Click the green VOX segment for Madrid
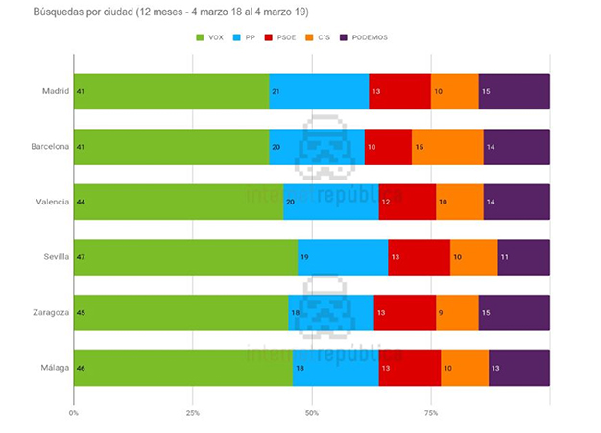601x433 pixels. click(171, 91)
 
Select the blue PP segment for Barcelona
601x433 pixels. click(317, 146)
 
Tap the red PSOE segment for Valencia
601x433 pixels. click(407, 202)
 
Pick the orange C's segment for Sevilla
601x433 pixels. click(473, 257)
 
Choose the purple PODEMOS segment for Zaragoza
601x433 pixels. click(514, 312)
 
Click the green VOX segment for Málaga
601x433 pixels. click(183, 368)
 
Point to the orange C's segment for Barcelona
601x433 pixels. click(447, 146)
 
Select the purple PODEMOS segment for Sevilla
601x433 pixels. click(523, 257)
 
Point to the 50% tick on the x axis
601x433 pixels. click(312, 413)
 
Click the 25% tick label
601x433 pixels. click(193, 413)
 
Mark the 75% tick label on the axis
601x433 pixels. click(431, 413)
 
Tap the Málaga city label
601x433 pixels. click(53, 368)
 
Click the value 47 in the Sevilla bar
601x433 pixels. click(81, 257)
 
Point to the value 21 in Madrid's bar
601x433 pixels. click(276, 91)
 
